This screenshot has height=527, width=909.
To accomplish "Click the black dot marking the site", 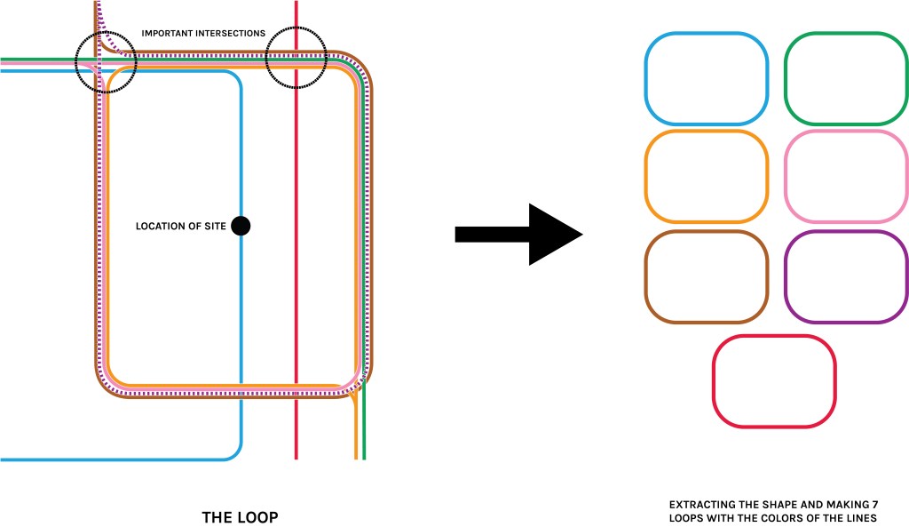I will click(x=240, y=226).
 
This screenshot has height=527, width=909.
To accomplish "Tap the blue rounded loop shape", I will click(x=706, y=78).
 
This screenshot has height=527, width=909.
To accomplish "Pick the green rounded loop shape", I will click(x=846, y=78).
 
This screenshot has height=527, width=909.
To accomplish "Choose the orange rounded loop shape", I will click(x=706, y=176).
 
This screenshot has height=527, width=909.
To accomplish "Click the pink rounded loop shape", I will click(x=846, y=176).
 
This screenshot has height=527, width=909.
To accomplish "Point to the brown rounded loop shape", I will click(x=706, y=276).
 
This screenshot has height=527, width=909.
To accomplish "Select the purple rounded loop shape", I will click(x=846, y=276).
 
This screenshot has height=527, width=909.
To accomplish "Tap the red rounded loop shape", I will click(x=774, y=380).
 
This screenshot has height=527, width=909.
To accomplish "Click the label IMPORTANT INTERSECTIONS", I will click(x=203, y=34).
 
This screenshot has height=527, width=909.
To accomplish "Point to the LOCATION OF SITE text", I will click(x=180, y=227).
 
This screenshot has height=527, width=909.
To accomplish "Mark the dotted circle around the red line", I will click(x=296, y=58).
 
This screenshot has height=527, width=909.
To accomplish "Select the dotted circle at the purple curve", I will click(x=106, y=61).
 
